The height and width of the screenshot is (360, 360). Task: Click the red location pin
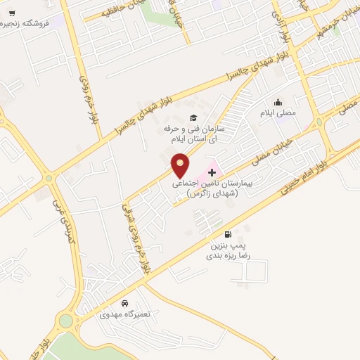click(181, 165)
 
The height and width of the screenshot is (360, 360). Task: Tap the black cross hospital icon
click(212, 172)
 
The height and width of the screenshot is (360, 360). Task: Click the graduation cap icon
click(193, 117)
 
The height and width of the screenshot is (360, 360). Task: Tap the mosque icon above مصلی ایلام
click(279, 101)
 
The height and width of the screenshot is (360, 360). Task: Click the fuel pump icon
click(227, 235)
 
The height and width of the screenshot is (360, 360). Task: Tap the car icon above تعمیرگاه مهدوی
click(124, 303)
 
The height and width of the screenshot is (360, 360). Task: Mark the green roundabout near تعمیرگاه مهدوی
click(66, 322)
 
